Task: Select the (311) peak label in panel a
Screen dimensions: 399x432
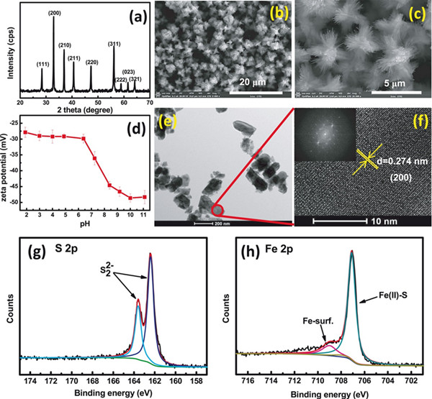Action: pyautogui.click(x=115, y=46)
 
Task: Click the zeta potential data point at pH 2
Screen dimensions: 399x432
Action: pyautogui.click(x=26, y=132)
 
